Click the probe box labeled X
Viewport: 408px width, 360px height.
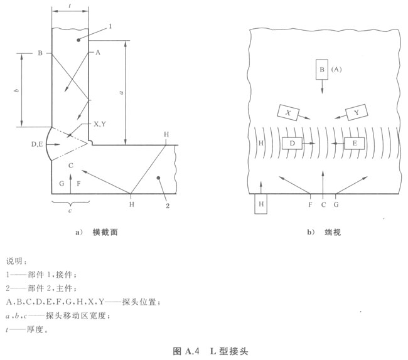[287, 112]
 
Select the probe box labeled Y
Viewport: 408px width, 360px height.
[356, 112]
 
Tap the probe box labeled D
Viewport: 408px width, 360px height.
[293, 144]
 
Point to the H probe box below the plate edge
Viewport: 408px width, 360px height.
[261, 204]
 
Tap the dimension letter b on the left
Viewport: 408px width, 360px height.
[16, 90]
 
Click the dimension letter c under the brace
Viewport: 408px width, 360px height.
[70, 209]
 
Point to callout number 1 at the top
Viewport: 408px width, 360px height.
[110, 26]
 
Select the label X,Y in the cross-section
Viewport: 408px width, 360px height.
[101, 124]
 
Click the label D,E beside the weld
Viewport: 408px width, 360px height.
[38, 145]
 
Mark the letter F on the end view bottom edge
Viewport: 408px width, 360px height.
[310, 204]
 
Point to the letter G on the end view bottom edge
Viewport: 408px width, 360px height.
[336, 204]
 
